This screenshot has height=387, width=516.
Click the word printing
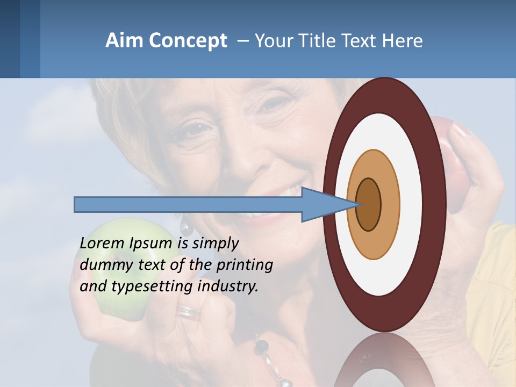point(244,265)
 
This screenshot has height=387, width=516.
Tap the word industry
point(227,286)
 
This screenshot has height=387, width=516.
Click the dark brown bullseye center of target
point(369,205)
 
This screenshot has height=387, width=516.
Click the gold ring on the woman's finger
point(188,312)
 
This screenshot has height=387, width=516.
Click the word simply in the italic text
point(214,243)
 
